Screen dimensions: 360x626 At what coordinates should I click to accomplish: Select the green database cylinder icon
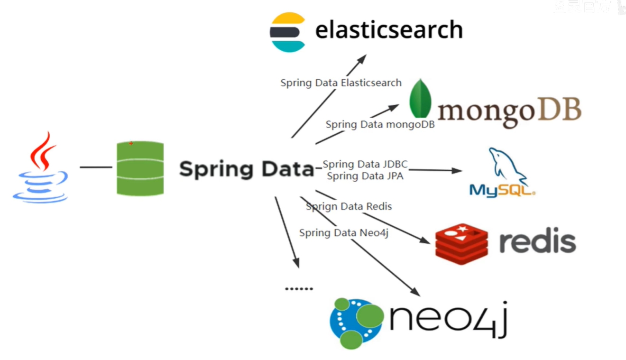coord(140,168)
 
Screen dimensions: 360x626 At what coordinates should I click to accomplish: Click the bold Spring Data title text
coord(246,169)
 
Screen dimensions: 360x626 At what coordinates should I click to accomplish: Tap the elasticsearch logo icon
coord(287,32)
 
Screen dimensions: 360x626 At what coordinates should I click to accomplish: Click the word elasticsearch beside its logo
coord(389,30)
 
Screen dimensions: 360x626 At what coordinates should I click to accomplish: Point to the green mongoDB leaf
coord(420,99)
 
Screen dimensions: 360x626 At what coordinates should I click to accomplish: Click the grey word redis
coord(537,242)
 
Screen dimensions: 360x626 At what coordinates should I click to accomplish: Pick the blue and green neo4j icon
coord(356,323)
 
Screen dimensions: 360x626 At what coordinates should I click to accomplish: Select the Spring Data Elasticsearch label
coord(341,83)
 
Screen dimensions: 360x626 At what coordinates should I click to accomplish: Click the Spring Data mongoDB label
coord(380,125)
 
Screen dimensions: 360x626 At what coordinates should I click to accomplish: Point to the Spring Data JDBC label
coord(365,164)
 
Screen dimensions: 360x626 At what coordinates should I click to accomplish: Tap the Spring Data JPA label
coord(365,176)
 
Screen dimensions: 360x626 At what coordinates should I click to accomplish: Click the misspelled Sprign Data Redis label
coord(349,206)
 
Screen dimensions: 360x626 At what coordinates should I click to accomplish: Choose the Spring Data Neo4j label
coord(344,233)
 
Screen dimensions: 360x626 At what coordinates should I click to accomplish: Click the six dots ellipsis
coord(299,288)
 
